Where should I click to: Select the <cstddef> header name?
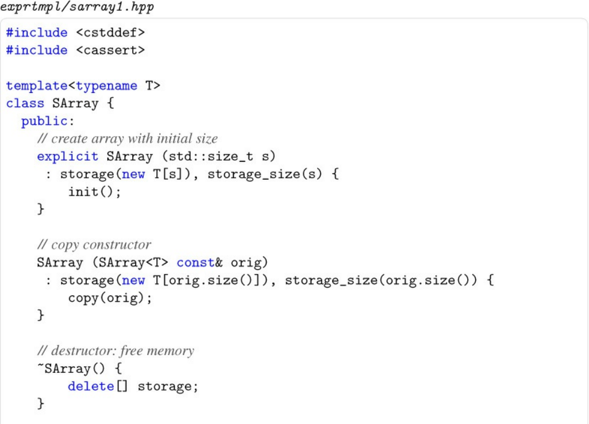tap(110, 33)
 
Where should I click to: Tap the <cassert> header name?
tap(110, 50)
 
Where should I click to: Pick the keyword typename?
tap(106, 86)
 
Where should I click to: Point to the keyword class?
tap(25, 104)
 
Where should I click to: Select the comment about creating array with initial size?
tap(127, 139)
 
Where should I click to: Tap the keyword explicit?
tap(67, 157)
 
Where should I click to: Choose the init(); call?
tap(95, 192)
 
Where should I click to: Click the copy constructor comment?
tap(94, 245)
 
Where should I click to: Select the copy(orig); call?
tap(110, 298)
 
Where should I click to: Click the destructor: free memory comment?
tap(116, 351)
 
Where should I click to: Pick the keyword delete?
tap(91, 386)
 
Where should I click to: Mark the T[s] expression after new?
tap(168, 174)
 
